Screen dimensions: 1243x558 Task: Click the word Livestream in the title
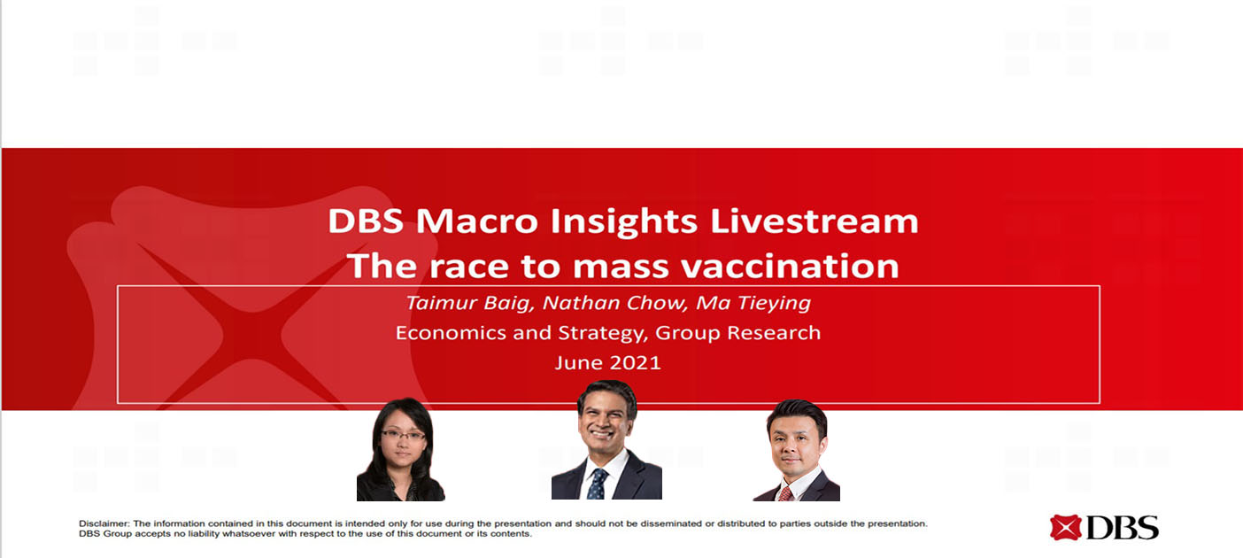coord(814,221)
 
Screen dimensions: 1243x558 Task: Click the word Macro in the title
coord(477,221)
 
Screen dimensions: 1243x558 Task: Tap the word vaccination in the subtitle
coord(790,266)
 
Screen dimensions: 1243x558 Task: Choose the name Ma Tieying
coord(753,303)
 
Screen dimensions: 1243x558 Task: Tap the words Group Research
coord(737,333)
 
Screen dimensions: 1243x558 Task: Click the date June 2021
coord(607,363)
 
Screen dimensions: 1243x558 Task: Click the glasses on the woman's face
coord(403,435)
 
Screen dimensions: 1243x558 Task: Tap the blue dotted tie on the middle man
coord(597,484)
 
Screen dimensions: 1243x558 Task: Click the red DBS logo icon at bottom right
coord(1065,528)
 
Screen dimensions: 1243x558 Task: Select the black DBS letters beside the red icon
coord(1123,528)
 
